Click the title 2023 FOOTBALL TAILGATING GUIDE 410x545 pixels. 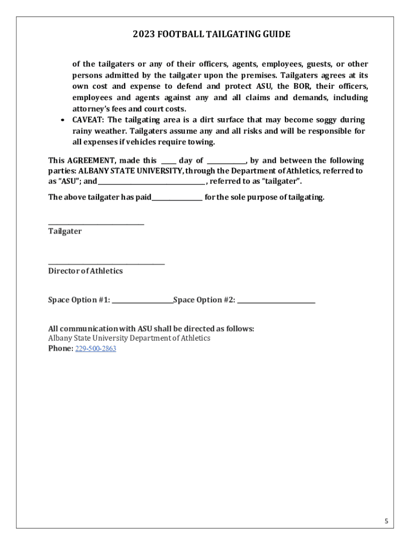click(x=211, y=35)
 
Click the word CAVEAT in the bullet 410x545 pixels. click(x=88, y=120)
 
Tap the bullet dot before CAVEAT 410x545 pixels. click(x=63, y=120)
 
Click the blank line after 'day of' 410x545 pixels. click(x=226, y=162)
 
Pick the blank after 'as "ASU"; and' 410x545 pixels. click(x=151, y=184)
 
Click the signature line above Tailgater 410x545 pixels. click(x=96, y=224)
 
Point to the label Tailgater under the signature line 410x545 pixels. click(x=65, y=232)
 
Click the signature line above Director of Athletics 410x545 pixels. click(x=106, y=263)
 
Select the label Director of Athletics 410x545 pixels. click(x=85, y=271)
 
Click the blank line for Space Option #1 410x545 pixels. click(x=142, y=302)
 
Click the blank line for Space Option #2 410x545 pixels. click(x=276, y=302)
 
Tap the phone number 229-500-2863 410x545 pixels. click(x=96, y=349)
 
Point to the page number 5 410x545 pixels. click(x=387, y=521)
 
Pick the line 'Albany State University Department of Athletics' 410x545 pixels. click(x=129, y=338)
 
